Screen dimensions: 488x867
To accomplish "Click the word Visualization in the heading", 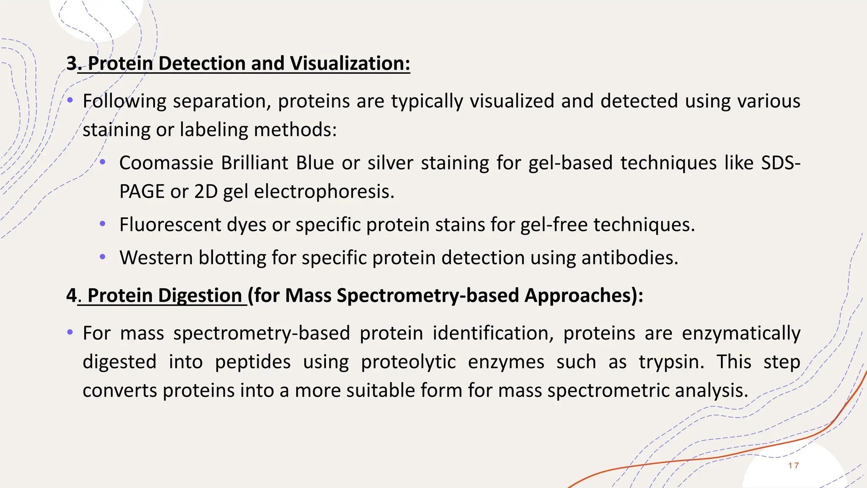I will (350, 64).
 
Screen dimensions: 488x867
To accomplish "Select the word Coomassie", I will (166, 163).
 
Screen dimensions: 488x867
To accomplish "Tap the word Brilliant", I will (254, 163).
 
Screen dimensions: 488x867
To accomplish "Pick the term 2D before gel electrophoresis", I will (206, 191).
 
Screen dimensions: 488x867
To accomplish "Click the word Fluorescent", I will (170, 225).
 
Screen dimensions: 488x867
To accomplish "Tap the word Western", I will (156, 258).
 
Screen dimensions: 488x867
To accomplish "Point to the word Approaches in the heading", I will (580, 295).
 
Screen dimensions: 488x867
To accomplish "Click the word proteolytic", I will (408, 362).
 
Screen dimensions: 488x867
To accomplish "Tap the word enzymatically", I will (741, 333).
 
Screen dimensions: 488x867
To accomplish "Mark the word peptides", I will (253, 362).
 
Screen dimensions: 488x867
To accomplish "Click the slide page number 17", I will (793, 466).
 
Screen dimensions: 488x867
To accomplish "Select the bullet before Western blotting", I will (102, 257).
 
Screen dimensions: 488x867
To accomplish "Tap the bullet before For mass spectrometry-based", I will (70, 332).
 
